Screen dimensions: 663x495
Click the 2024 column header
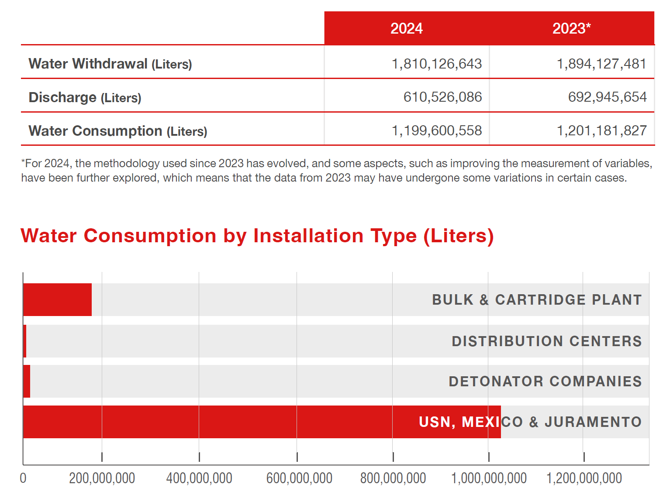click(x=406, y=28)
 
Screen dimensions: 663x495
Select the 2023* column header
click(x=571, y=28)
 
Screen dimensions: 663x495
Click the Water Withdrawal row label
click(x=110, y=64)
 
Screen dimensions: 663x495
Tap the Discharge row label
click(x=85, y=97)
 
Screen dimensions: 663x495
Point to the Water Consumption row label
click(x=118, y=131)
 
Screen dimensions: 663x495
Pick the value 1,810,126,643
click(x=436, y=64)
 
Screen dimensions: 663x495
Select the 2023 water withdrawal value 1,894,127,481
click(x=601, y=64)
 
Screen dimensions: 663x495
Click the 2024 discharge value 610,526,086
click(x=442, y=97)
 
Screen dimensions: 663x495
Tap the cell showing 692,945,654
click(x=608, y=97)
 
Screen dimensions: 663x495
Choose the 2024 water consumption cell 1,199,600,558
click(x=436, y=131)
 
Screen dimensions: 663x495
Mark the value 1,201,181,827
click(x=601, y=131)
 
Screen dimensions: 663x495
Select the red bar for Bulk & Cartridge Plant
click(x=57, y=299)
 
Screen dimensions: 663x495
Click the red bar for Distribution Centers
click(x=25, y=341)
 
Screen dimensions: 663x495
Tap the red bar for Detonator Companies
click(x=27, y=381)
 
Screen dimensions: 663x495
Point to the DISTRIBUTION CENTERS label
click(x=547, y=341)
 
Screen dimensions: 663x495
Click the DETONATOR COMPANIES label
click(x=545, y=381)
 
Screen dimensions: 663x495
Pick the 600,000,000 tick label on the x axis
click(x=299, y=478)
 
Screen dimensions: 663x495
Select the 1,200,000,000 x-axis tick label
click(x=584, y=478)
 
